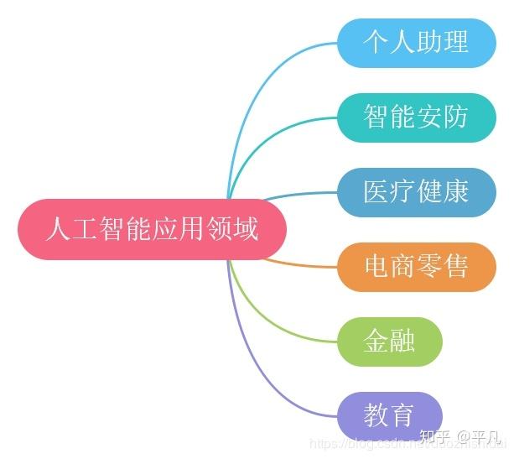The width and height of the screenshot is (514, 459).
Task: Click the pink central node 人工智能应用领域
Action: tap(152, 229)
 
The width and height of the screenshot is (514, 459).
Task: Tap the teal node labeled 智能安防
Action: tap(416, 117)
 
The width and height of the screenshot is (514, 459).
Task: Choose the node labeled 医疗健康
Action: tap(416, 192)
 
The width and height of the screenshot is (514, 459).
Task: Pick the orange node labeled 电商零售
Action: tap(416, 267)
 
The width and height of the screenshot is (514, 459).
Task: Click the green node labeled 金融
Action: tap(389, 342)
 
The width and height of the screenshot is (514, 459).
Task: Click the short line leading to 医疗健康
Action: tap(302, 194)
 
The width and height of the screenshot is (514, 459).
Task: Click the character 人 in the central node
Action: tap(57, 229)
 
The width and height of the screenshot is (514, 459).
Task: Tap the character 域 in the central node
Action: tap(245, 229)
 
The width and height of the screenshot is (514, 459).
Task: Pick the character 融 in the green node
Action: tap(403, 342)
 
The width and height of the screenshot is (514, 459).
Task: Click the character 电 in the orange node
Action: tap(376, 267)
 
